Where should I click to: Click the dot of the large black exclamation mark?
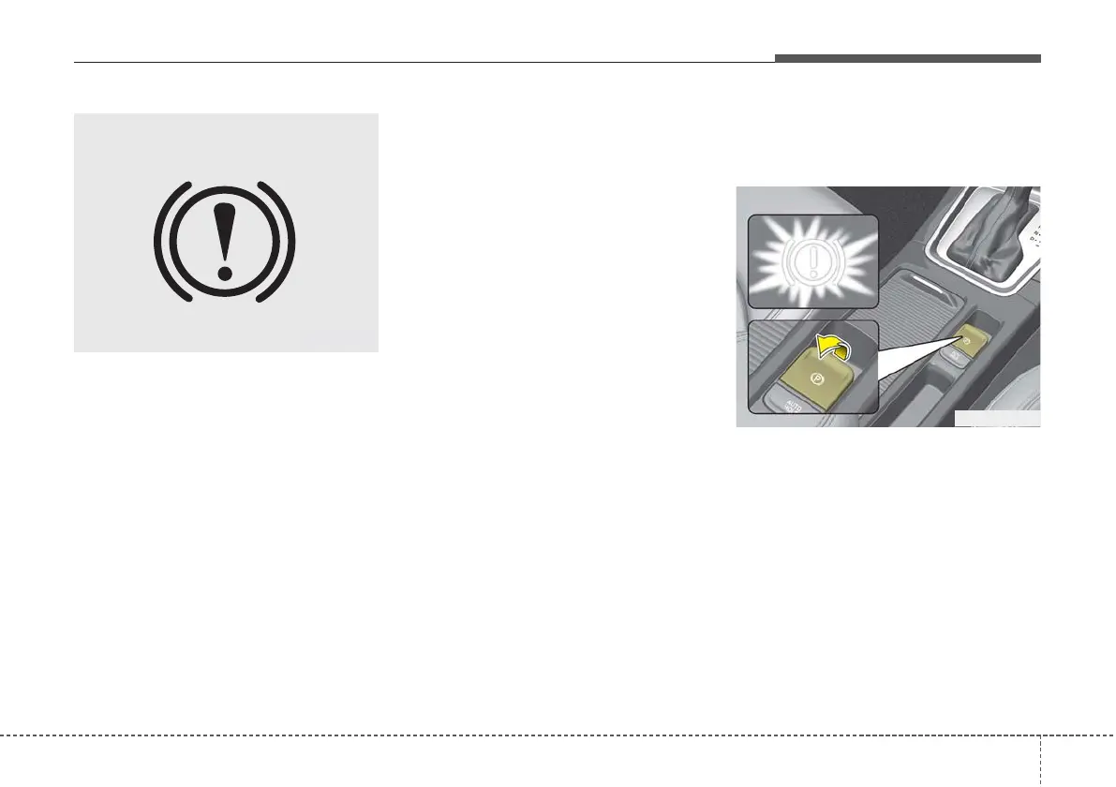[224, 274]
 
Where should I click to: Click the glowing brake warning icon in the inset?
[811, 261]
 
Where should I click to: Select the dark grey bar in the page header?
[907, 58]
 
